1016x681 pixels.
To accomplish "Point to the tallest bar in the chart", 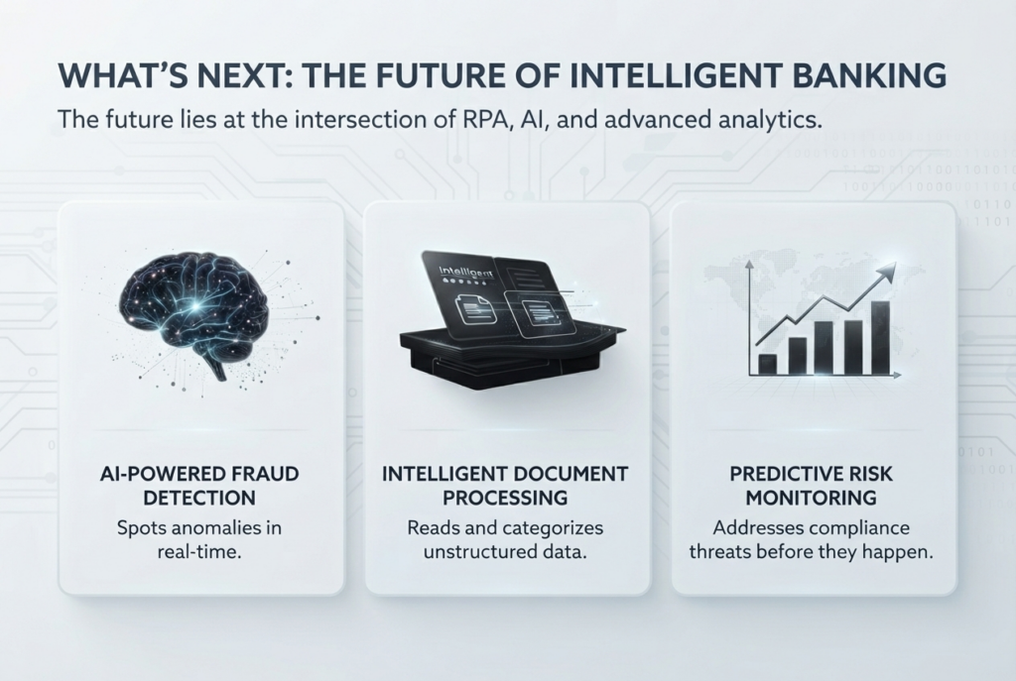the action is pyautogui.click(x=880, y=337).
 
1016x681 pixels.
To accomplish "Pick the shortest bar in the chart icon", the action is pyautogui.click(x=767, y=364).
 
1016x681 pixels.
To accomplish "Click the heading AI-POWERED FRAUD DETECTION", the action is pyautogui.click(x=199, y=486).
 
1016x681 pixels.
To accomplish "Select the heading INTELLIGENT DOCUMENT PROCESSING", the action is pyautogui.click(x=505, y=486).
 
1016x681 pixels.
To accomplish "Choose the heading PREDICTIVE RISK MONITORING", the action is pyautogui.click(x=811, y=486).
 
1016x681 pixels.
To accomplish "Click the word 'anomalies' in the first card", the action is pyautogui.click(x=210, y=527).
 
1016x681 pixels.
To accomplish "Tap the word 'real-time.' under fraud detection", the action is pyautogui.click(x=199, y=553).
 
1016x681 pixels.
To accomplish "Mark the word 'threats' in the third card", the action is pyautogui.click(x=720, y=553).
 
